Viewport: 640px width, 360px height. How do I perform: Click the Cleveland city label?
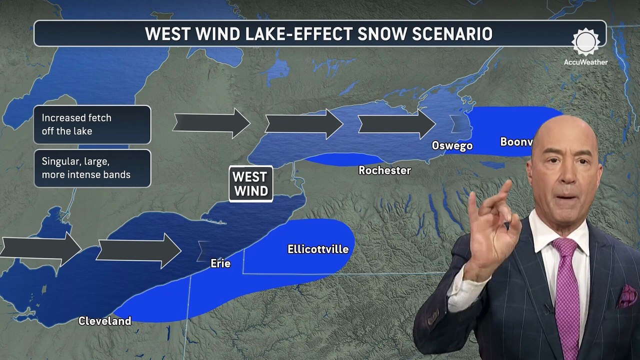pos(104,321)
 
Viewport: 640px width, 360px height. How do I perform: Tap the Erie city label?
pos(220,263)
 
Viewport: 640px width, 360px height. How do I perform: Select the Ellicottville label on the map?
pos(318,249)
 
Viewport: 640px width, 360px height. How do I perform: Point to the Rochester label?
pos(384,170)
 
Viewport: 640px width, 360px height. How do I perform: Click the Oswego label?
pos(452,146)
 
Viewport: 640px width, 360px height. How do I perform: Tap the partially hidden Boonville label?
pos(515,142)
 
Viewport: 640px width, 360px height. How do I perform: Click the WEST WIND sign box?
pos(250,183)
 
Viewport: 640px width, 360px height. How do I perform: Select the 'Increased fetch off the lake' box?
pos(92,124)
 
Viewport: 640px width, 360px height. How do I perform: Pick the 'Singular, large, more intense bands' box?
pos(92,168)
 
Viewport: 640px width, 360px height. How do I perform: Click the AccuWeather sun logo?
pos(585,42)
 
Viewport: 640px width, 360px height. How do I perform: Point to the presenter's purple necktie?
pos(566,295)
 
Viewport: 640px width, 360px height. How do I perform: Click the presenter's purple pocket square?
pos(626,296)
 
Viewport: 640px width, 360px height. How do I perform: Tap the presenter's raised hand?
pos(490,235)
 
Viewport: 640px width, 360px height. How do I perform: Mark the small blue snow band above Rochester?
pos(340,159)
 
